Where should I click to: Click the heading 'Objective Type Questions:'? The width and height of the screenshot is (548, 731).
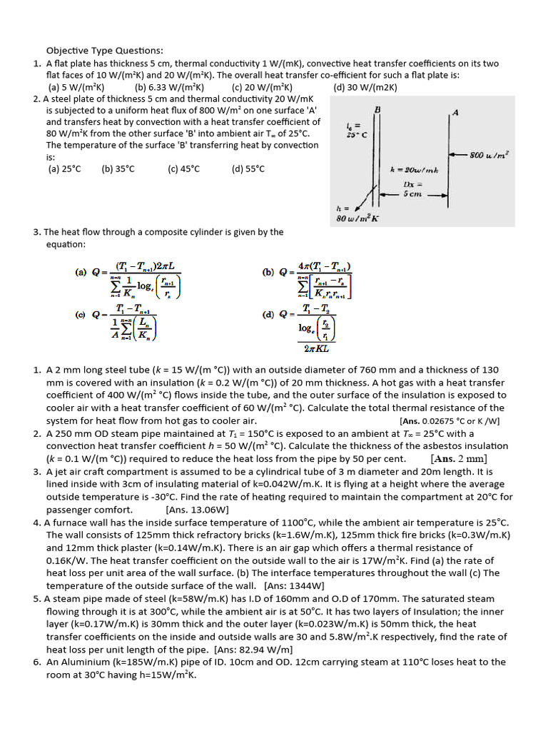click(x=105, y=51)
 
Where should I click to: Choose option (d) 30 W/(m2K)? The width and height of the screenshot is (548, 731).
click(x=365, y=88)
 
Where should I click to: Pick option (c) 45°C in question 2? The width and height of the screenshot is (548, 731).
click(x=183, y=169)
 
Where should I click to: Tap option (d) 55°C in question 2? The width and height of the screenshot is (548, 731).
click(x=248, y=169)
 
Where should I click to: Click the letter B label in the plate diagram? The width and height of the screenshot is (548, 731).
click(x=377, y=109)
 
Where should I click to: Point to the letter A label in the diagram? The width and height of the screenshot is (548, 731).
click(x=455, y=112)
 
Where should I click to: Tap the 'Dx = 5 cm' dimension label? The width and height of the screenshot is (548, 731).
click(x=413, y=188)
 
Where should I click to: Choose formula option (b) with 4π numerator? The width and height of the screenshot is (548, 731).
click(x=315, y=283)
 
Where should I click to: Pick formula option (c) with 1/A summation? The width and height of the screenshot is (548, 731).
click(x=122, y=326)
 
